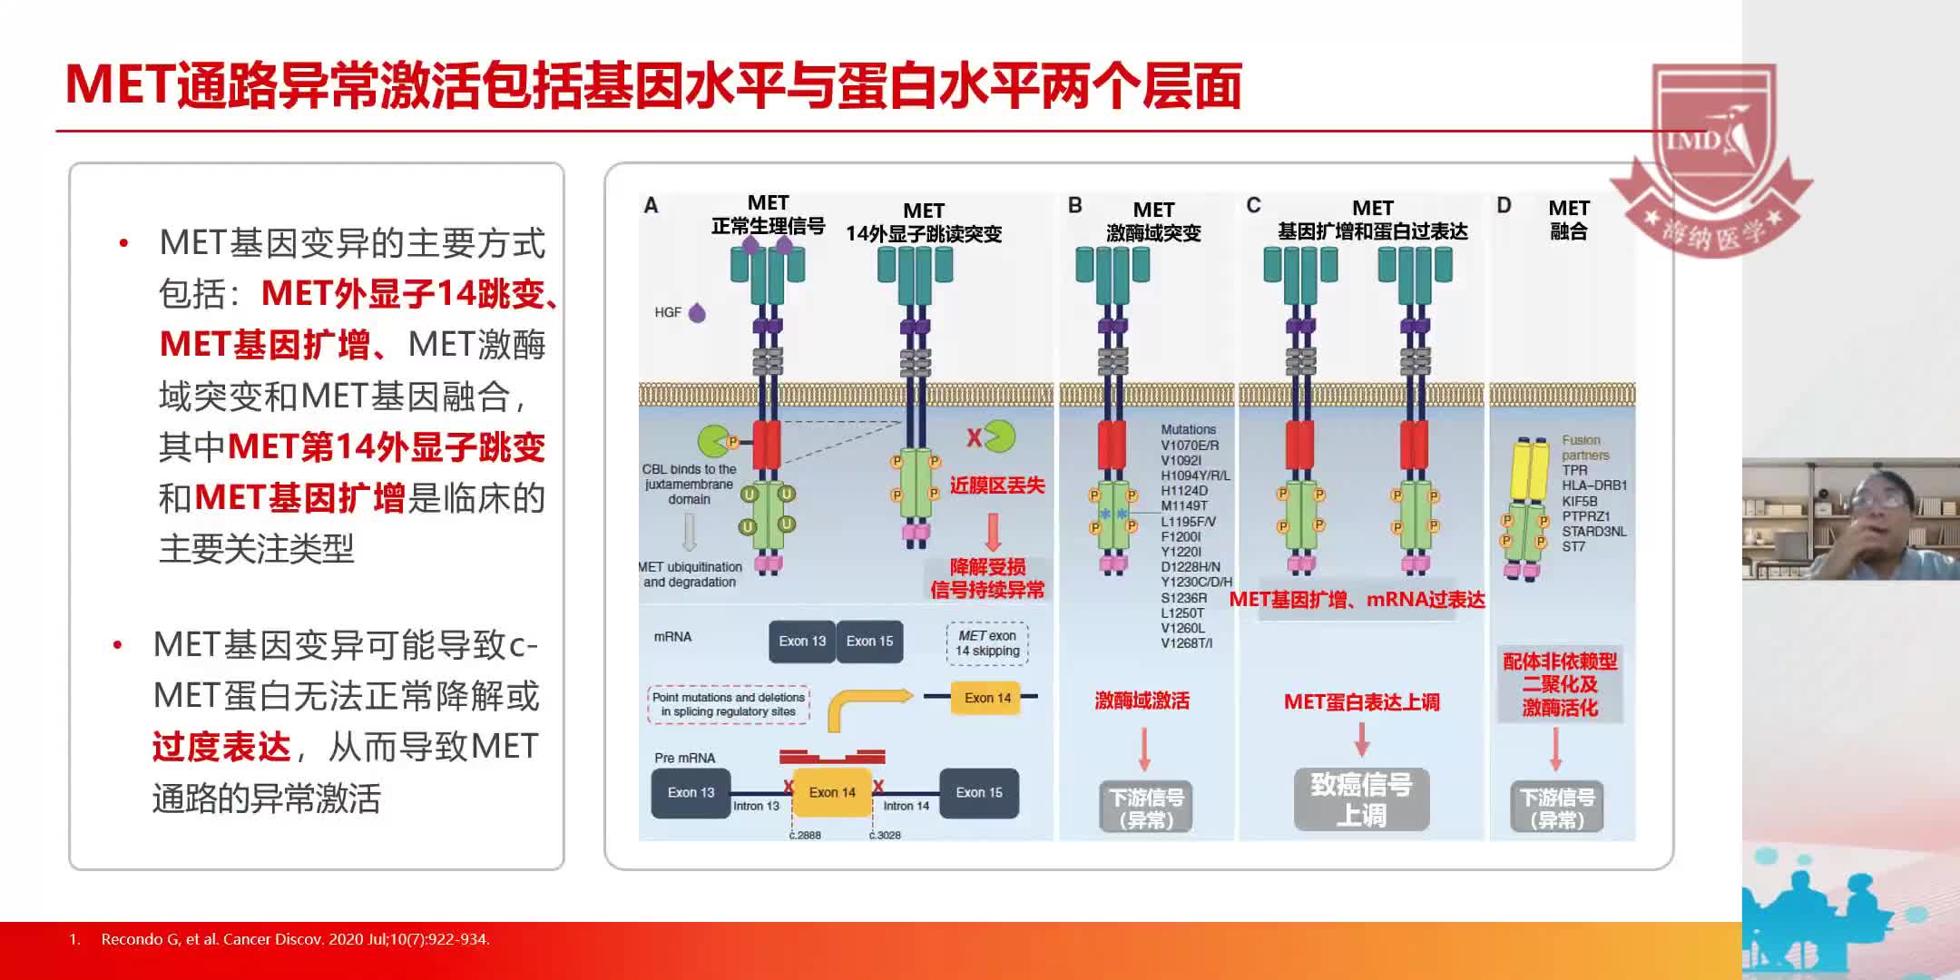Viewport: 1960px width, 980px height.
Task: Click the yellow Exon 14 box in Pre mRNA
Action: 831,792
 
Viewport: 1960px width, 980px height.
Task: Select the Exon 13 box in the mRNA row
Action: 802,642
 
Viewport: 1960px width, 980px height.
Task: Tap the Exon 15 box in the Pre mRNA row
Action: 978,792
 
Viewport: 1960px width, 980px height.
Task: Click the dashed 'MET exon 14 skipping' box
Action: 987,642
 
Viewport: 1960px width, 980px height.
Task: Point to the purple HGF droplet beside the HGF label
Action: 697,313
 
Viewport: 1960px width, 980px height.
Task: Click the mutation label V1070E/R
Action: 1190,446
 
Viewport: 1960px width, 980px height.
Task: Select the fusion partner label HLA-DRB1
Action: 1594,485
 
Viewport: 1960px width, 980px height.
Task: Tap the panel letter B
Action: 1075,206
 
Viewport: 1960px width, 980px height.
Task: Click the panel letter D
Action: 1504,206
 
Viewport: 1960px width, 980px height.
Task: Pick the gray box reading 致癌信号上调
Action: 1361,799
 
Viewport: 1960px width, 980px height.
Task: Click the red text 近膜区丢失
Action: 997,485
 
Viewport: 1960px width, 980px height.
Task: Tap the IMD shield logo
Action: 1713,136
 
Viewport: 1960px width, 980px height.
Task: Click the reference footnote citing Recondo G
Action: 295,939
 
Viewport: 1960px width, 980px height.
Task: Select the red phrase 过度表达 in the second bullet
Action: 221,747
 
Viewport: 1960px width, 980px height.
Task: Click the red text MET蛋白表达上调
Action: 1361,701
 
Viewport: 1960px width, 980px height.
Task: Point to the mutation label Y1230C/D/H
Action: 1196,583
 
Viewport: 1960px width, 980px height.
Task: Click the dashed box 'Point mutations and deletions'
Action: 728,704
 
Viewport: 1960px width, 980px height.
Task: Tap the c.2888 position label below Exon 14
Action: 805,835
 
